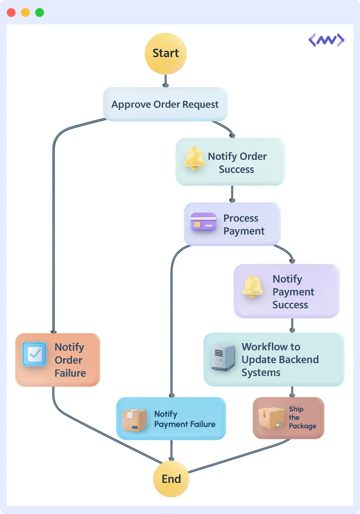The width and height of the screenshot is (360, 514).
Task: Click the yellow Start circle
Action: tap(165, 53)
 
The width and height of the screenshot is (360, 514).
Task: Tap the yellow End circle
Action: tap(171, 479)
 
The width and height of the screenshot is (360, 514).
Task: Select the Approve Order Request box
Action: tap(165, 104)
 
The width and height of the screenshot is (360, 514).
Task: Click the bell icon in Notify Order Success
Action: tap(195, 158)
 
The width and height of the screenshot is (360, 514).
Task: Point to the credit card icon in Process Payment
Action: tap(203, 222)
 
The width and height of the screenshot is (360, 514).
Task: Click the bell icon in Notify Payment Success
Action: tap(253, 287)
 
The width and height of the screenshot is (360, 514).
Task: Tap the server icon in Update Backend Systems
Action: tap(223, 358)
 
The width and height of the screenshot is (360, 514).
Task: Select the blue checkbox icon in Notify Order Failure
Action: tap(35, 354)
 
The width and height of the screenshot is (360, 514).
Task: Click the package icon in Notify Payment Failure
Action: tap(134, 420)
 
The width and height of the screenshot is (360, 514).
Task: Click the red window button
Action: tap(11, 13)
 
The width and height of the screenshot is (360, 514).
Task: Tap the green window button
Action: tap(40, 13)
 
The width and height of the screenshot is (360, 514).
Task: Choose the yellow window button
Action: tap(25, 13)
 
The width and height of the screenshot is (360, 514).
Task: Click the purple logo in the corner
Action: tap(326, 40)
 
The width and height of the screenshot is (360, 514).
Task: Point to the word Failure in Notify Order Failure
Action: tap(70, 373)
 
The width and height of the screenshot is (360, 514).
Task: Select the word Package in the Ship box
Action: tap(302, 426)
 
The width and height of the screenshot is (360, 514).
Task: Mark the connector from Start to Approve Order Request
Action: tap(165, 81)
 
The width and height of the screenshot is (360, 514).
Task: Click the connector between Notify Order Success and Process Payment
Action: tap(232, 194)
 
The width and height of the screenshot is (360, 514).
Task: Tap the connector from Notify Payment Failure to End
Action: tap(171, 450)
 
